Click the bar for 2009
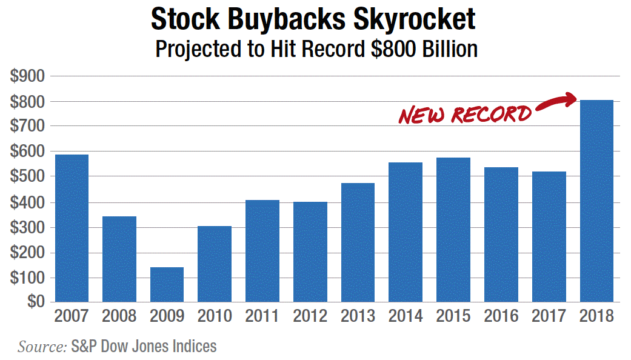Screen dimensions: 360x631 coord(167,284)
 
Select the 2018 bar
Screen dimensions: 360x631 coord(596,201)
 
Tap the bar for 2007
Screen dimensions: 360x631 coord(72,228)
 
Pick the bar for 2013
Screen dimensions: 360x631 coord(358,242)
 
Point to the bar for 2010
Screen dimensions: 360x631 coord(215,264)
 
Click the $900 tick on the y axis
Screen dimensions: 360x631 coord(28,76)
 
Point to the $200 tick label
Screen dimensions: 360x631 coord(28,253)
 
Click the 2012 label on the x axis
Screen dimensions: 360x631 coord(310,316)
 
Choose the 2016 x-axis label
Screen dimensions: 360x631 coord(501,316)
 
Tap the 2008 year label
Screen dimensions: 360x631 coord(119,316)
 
